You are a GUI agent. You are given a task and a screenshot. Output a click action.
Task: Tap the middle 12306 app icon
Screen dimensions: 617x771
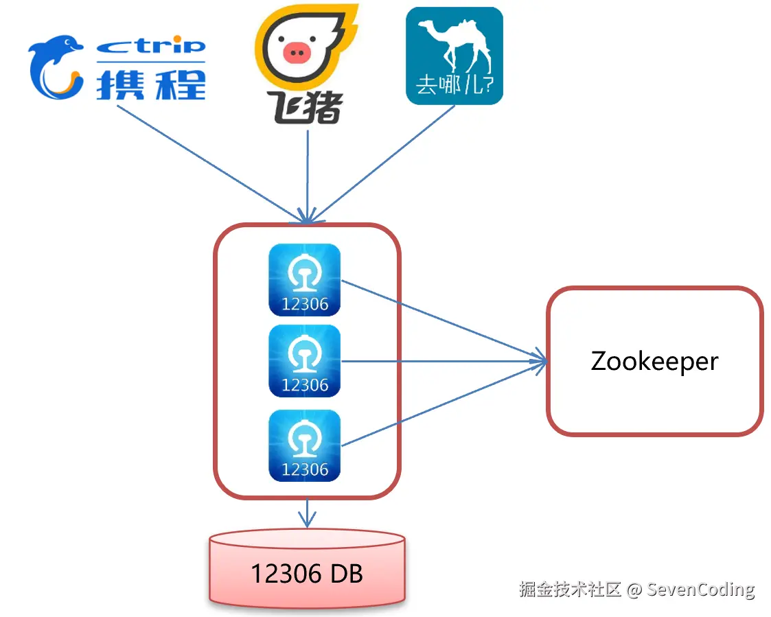305,360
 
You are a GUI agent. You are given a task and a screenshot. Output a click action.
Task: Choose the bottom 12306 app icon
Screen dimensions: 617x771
305,445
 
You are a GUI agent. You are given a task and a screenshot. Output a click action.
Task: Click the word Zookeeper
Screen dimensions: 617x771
654,361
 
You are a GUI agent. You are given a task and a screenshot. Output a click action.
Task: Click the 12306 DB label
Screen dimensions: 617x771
306,573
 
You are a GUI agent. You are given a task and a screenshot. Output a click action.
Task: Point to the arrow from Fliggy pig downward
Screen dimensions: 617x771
307,175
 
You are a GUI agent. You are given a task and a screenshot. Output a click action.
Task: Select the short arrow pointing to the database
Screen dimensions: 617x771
306,513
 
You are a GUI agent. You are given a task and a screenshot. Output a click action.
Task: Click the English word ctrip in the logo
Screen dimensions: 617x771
151,47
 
